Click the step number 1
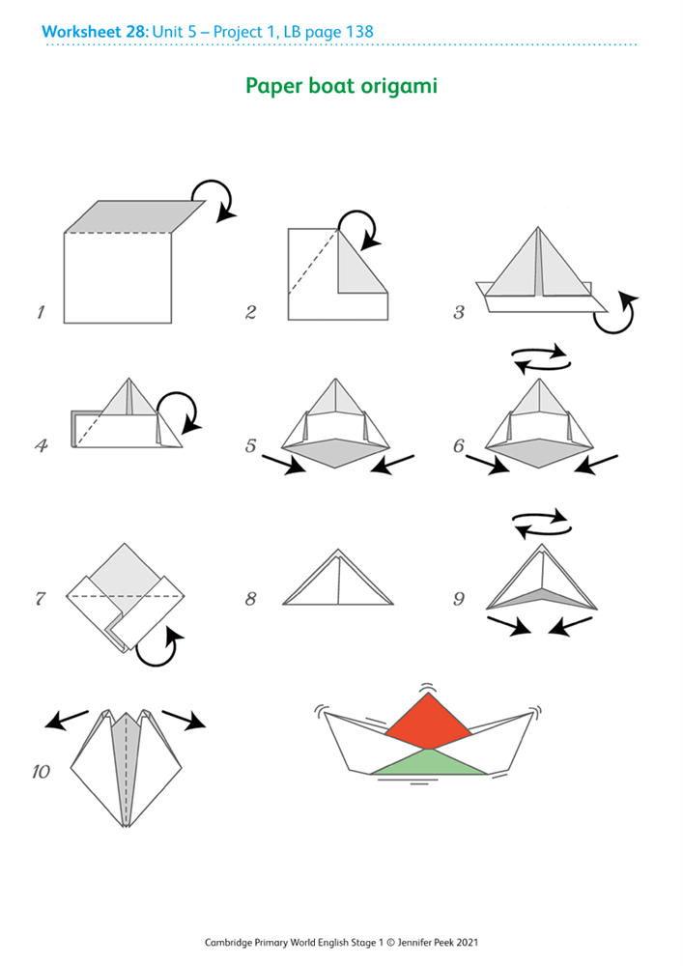[41, 312]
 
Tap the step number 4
[42, 444]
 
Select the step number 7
[40, 598]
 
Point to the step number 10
[41, 771]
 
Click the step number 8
[250, 598]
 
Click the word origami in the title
[399, 86]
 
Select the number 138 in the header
[359, 32]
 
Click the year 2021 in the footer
[468, 942]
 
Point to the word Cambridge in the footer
[229, 943]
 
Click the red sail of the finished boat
[428, 721]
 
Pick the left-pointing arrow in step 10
[67, 720]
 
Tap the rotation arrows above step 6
[541, 359]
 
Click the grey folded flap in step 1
[135, 216]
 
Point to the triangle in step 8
[338, 578]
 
